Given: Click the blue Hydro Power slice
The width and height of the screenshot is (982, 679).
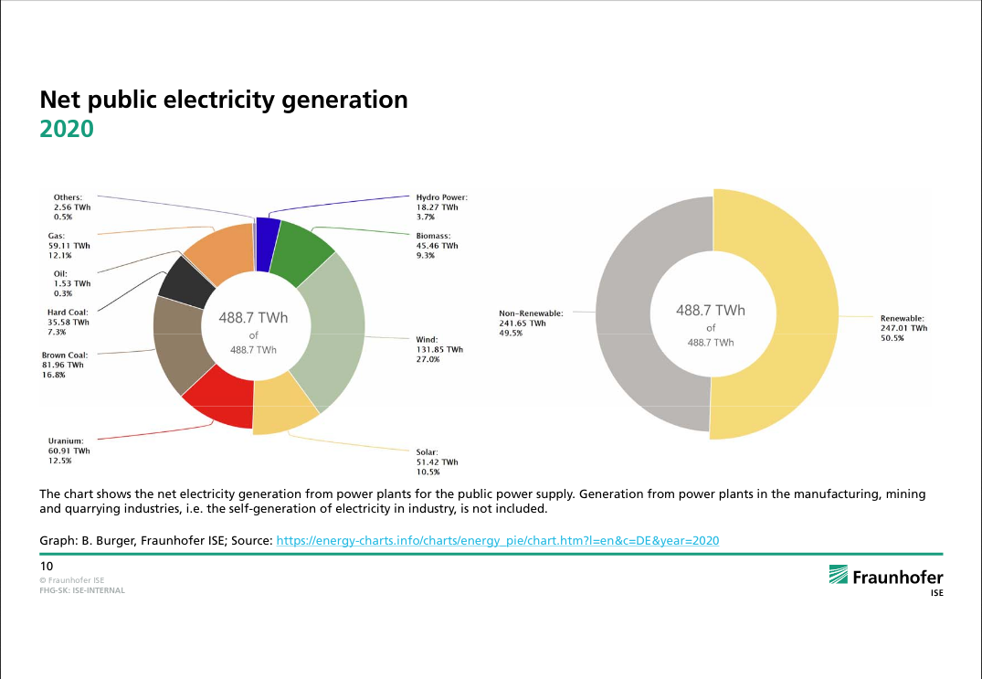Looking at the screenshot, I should (268, 244).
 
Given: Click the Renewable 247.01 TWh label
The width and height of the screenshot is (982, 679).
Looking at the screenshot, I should (903, 327).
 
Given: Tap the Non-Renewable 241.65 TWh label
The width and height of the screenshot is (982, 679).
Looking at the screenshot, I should (530, 323).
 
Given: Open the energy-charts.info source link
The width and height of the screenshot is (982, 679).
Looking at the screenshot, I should (497, 541).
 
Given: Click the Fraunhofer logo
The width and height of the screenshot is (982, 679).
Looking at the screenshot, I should (885, 578).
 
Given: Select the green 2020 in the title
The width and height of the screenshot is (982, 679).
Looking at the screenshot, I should (67, 129).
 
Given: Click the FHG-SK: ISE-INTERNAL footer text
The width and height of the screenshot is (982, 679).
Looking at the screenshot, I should (81, 590).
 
